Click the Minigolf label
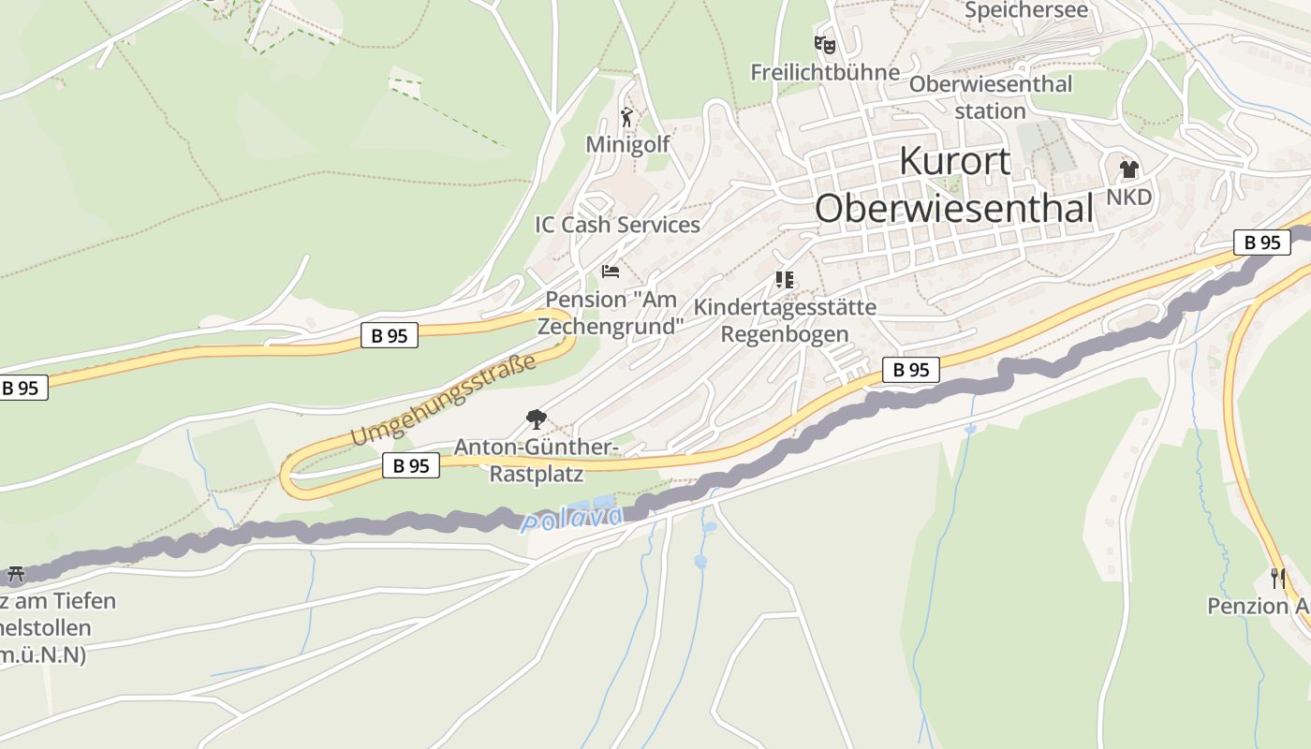click(627, 144)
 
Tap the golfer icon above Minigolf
click(626, 118)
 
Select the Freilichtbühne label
click(825, 72)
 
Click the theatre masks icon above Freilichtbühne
click(824, 44)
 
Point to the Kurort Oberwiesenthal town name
click(954, 184)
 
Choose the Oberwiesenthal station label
click(991, 97)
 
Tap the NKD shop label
click(1128, 198)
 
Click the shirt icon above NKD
click(1128, 169)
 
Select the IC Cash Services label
click(617, 225)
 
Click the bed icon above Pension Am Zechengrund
click(611, 272)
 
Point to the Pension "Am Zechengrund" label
click(611, 314)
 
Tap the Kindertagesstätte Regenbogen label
click(785, 320)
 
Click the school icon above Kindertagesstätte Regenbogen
click(785, 279)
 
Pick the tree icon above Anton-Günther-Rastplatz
click(536, 419)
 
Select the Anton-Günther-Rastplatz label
click(536, 460)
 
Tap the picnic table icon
click(16, 573)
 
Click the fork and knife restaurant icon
click(1277, 578)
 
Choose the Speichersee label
click(1026, 10)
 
